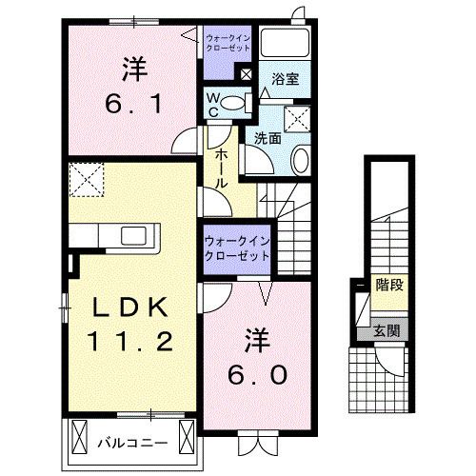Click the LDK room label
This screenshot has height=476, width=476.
pyautogui.click(x=132, y=307)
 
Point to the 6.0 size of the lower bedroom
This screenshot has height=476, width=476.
pyautogui.click(x=255, y=374)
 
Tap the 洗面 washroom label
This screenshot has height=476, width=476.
pyautogui.click(x=267, y=138)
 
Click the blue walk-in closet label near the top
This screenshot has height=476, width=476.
pyautogui.click(x=228, y=42)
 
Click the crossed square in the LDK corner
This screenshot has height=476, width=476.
pyautogui.click(x=86, y=178)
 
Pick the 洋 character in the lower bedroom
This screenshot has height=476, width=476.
pyautogui.click(x=255, y=339)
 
